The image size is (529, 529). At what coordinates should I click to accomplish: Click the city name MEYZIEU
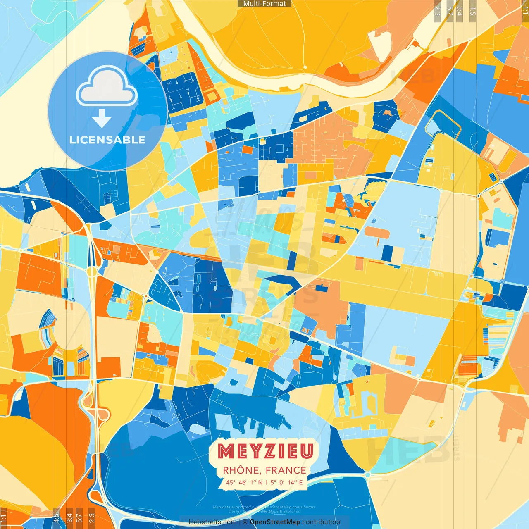265,451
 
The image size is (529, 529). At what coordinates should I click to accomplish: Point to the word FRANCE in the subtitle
286,470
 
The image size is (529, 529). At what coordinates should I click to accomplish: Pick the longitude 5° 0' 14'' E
287,482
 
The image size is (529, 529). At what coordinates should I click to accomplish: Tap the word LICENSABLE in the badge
107,140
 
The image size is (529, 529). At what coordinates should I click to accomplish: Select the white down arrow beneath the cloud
102,119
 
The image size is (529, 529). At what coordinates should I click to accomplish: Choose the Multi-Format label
264,4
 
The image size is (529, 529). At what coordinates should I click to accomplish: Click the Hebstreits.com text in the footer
212,522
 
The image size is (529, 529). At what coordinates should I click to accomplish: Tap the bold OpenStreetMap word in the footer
275,522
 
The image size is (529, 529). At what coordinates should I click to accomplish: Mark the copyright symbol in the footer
245,522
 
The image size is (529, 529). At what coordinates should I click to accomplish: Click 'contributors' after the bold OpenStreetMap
321,522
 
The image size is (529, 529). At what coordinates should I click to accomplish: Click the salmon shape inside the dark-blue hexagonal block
387,112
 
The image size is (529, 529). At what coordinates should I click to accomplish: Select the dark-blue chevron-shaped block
285,283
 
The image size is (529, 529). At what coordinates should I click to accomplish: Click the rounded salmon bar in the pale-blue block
377,232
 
